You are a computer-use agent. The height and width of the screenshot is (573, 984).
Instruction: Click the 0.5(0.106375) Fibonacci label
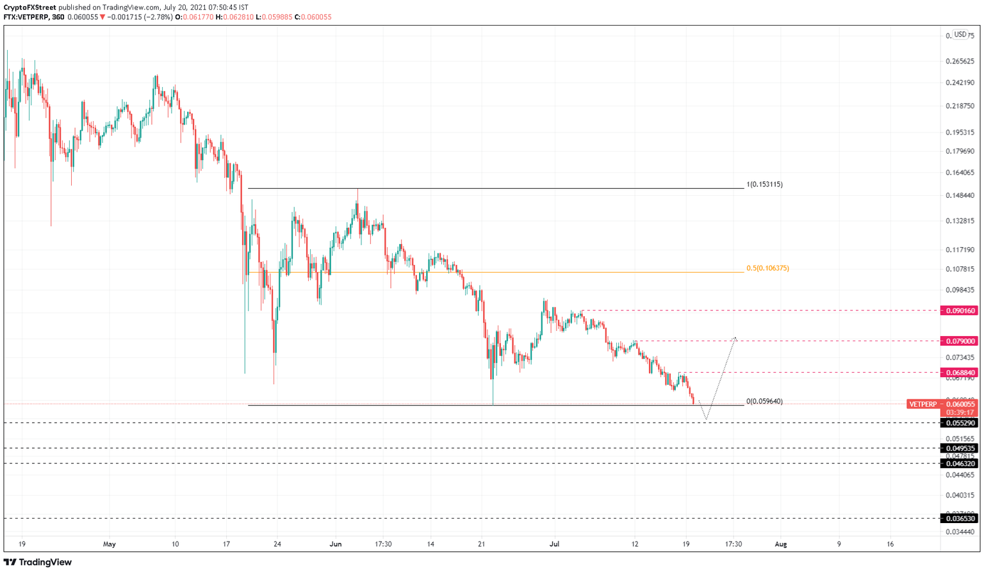point(767,268)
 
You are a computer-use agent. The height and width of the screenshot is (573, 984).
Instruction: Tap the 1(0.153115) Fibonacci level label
point(764,184)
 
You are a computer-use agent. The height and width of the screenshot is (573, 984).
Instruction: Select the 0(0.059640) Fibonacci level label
point(764,401)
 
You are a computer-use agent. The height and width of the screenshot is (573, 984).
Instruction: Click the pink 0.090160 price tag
point(959,311)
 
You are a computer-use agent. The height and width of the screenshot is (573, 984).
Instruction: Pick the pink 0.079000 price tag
point(959,341)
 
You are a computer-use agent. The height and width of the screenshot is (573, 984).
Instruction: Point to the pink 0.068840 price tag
point(959,373)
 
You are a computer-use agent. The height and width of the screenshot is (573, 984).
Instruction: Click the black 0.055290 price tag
point(959,423)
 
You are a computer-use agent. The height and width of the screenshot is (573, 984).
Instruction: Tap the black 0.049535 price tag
point(959,448)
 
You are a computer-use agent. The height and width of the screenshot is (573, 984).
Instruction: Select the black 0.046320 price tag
point(959,464)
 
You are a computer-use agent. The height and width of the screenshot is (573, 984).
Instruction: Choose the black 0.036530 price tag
point(959,519)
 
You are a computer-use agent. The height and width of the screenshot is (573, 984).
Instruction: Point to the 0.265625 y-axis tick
point(960,61)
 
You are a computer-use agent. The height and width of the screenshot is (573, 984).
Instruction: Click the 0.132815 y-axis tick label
point(960,221)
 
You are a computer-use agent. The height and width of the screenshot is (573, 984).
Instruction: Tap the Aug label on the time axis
point(780,544)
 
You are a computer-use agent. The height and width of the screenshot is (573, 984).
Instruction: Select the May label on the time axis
point(110,544)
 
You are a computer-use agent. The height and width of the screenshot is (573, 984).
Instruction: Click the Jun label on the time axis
point(335,544)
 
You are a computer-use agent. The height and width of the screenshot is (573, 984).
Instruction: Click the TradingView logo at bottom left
point(38,562)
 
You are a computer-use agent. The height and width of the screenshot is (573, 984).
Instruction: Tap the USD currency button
point(960,35)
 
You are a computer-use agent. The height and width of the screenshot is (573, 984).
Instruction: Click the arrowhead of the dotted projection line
point(735,338)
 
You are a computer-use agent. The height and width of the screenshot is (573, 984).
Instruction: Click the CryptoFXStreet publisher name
point(29,8)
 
